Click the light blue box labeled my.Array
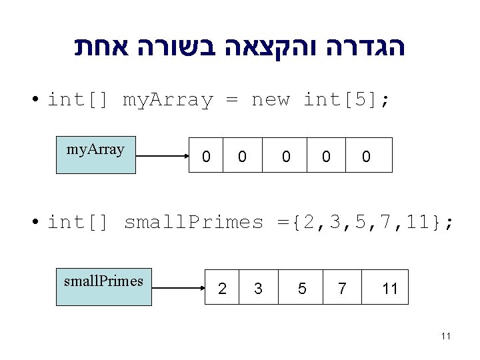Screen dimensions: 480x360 pyautogui.click(x=95, y=155)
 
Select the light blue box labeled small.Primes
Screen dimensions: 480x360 pyautogui.click(x=103, y=287)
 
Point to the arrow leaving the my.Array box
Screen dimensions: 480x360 pyautogui.click(x=163, y=157)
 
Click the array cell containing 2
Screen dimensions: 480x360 pyautogui.click(x=222, y=287)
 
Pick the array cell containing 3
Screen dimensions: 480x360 pyautogui.click(x=258, y=287)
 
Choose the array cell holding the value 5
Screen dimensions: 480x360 pyautogui.click(x=302, y=287)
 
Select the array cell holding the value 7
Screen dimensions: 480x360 pyautogui.click(x=342, y=287)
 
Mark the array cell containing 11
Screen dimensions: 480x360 pyautogui.click(x=389, y=287)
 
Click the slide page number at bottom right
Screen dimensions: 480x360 pyautogui.click(x=446, y=336)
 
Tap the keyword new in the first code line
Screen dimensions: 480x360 pyautogui.click(x=270, y=100)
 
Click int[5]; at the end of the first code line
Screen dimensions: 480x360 pyautogui.click(x=347, y=100)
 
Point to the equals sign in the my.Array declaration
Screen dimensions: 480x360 pyautogui.click(x=231, y=100)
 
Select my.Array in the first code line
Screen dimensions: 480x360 pyautogui.click(x=167, y=101)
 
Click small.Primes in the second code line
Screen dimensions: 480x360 pyautogui.click(x=194, y=222)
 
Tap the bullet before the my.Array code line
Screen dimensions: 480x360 pyautogui.click(x=33, y=101)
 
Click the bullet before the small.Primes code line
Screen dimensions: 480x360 pyautogui.click(x=33, y=223)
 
